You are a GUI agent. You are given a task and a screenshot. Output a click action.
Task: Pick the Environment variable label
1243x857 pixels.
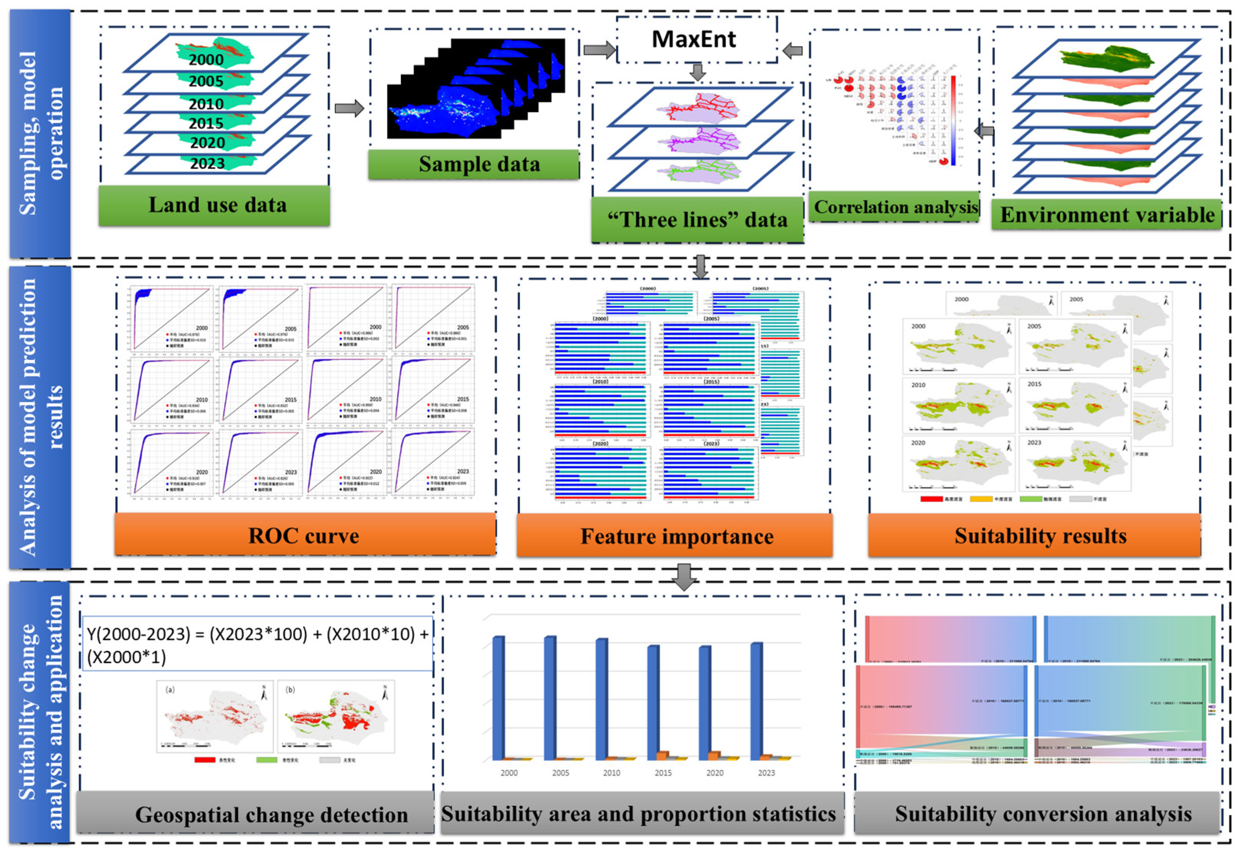click(1106, 215)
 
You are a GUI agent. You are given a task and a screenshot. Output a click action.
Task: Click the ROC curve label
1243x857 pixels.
click(304, 536)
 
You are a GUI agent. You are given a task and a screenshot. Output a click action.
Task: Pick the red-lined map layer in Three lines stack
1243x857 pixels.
click(698, 107)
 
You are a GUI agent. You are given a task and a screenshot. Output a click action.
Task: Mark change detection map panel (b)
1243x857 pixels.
click(336, 717)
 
